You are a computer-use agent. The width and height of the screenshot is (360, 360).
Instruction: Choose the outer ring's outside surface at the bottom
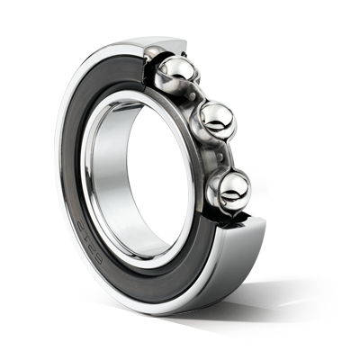tap(180, 301)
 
